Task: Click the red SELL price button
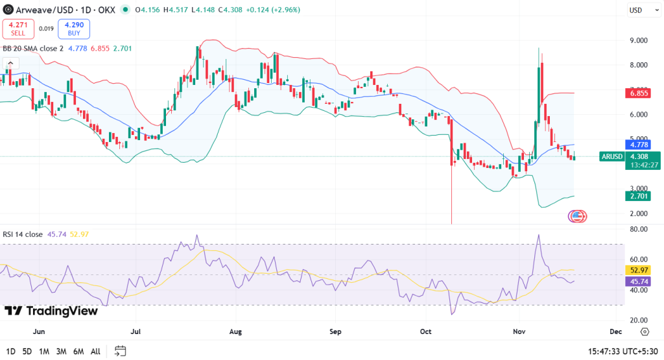(19, 29)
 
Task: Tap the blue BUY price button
(74, 29)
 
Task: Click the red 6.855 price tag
(639, 93)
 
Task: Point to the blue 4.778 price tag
(639, 145)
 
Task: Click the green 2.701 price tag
(639, 196)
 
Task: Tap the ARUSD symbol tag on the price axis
(613, 156)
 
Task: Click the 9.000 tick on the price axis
(638, 40)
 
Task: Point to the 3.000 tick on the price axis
(638, 189)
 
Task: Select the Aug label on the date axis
(235, 331)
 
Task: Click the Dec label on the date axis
(615, 331)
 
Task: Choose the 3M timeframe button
(62, 352)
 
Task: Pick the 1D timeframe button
(10, 352)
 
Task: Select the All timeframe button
(95, 352)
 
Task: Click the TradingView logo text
(52, 311)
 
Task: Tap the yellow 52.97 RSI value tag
(639, 270)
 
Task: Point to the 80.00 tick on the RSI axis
(638, 229)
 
